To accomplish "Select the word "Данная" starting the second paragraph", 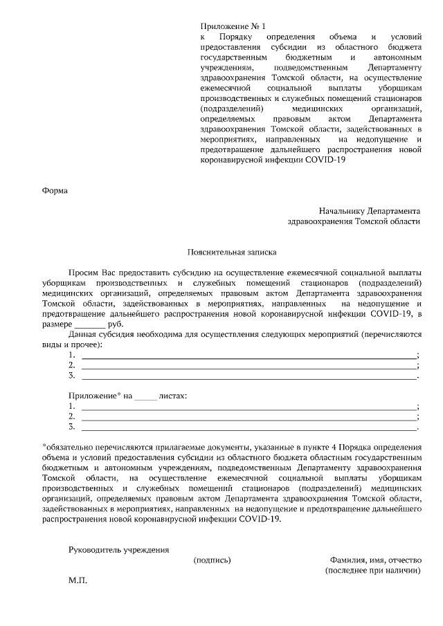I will tap(84, 334).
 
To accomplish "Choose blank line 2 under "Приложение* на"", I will tap(249, 417).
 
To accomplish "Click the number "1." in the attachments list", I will tap(72, 407).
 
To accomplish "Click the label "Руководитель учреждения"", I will tap(118, 550).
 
